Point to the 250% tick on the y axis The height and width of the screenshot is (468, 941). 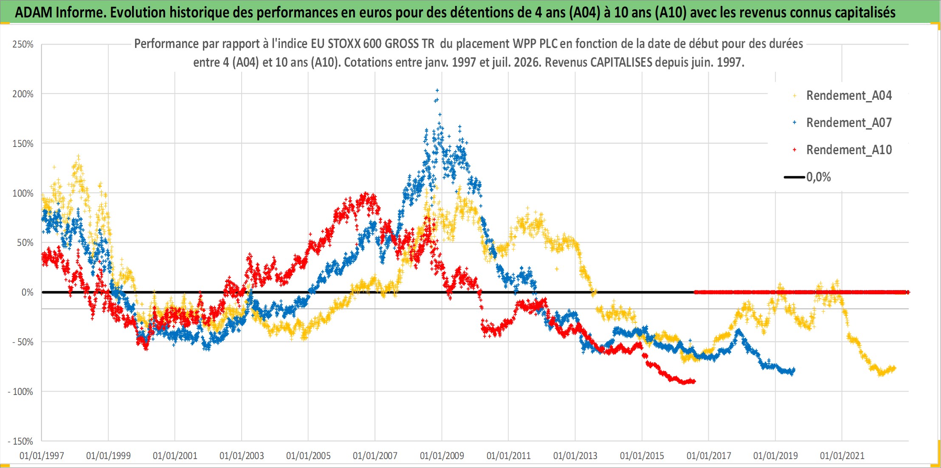point(23,44)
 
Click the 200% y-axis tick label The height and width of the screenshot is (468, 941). point(23,94)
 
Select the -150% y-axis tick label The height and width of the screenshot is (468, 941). point(20,441)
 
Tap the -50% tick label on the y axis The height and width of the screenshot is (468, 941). point(23,342)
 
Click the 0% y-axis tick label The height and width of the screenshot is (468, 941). point(28,292)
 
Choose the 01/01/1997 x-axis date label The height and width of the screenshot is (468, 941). point(42,456)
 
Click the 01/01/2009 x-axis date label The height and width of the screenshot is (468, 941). point(442,456)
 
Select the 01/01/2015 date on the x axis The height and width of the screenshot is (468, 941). point(642,456)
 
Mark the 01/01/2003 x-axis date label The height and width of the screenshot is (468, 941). point(242,456)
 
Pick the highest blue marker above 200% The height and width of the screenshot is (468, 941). point(437,90)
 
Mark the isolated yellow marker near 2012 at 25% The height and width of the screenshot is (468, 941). point(557,269)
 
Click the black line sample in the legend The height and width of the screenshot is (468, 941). point(794,177)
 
